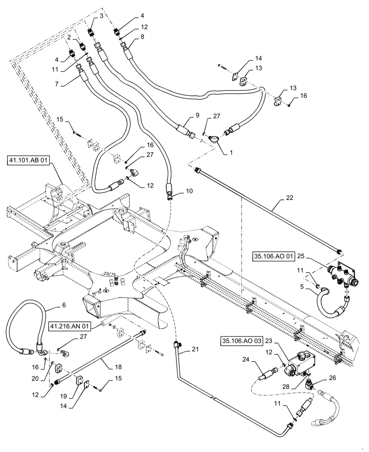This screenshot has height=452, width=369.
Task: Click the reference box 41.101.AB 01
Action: [28, 160]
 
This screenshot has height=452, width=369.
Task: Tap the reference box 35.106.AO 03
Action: [242, 340]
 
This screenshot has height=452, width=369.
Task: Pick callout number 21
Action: [194, 348]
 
